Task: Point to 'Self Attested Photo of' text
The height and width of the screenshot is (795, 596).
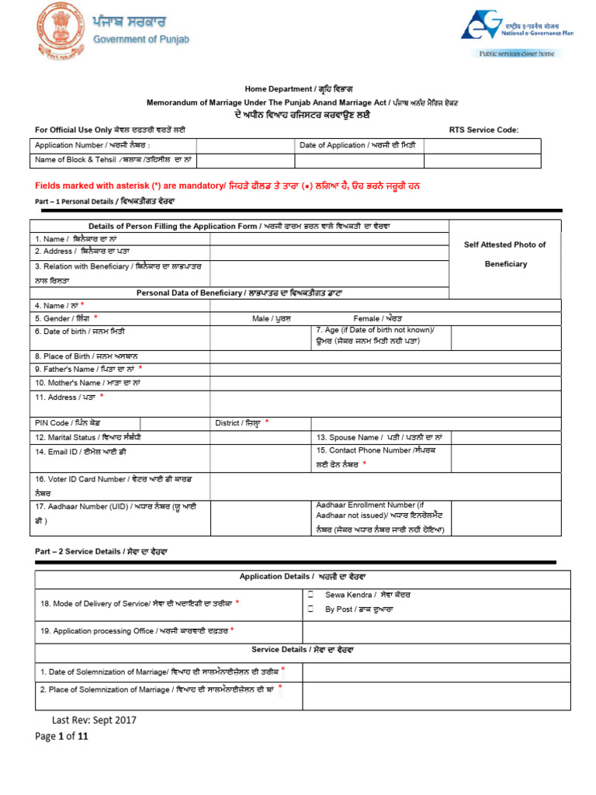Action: [x=504, y=245]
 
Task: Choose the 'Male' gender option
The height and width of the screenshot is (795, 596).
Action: [x=271, y=318]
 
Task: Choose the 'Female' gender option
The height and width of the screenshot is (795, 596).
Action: [x=377, y=318]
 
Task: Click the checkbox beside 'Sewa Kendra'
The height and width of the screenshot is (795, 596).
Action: [x=310, y=594]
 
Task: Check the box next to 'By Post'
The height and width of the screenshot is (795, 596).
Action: [x=310, y=609]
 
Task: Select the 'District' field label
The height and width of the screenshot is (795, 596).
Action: [x=241, y=423]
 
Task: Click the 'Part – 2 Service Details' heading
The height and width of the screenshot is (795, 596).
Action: [x=101, y=551]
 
